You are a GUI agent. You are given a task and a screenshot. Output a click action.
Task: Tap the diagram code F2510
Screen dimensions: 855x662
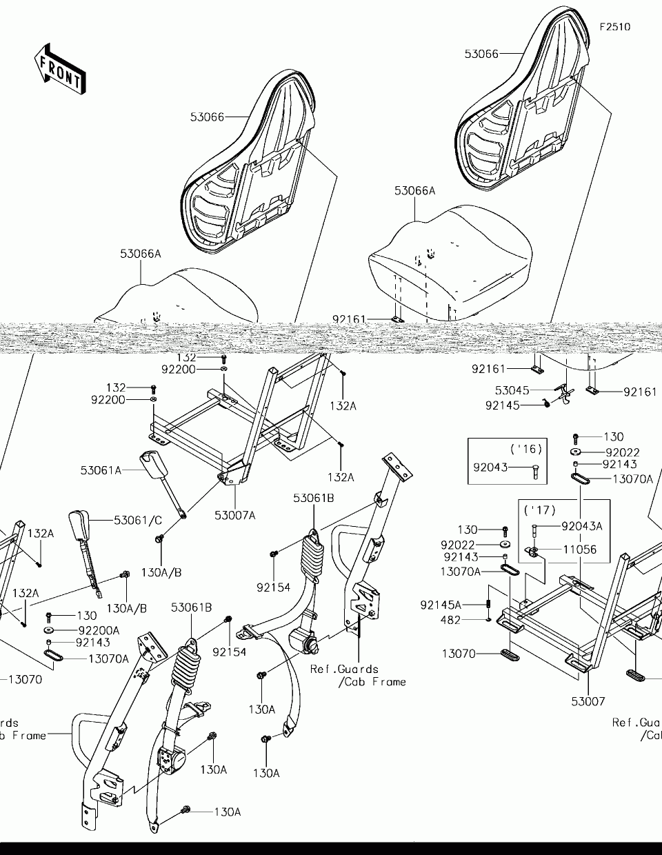click(x=615, y=28)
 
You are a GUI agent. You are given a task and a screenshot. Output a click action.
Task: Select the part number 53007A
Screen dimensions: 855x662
click(x=234, y=515)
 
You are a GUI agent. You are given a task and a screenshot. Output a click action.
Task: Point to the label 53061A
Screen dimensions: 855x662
click(x=101, y=470)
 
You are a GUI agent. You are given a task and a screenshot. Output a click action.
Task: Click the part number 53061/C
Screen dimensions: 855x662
click(x=138, y=520)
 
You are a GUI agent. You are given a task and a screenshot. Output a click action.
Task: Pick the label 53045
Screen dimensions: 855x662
click(x=512, y=391)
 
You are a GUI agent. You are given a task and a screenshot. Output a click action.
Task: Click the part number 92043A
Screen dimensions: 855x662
click(x=581, y=526)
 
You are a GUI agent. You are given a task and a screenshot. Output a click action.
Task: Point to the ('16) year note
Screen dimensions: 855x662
click(x=526, y=449)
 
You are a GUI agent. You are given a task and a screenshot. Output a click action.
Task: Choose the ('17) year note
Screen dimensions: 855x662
click(x=539, y=511)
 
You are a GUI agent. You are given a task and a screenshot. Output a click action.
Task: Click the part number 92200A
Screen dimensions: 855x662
click(x=99, y=630)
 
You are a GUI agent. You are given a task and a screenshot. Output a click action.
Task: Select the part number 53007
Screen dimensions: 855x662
click(x=588, y=701)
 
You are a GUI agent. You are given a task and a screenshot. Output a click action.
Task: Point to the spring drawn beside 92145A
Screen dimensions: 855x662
click(x=489, y=601)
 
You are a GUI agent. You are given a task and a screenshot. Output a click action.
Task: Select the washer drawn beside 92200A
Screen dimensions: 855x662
click(x=50, y=630)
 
